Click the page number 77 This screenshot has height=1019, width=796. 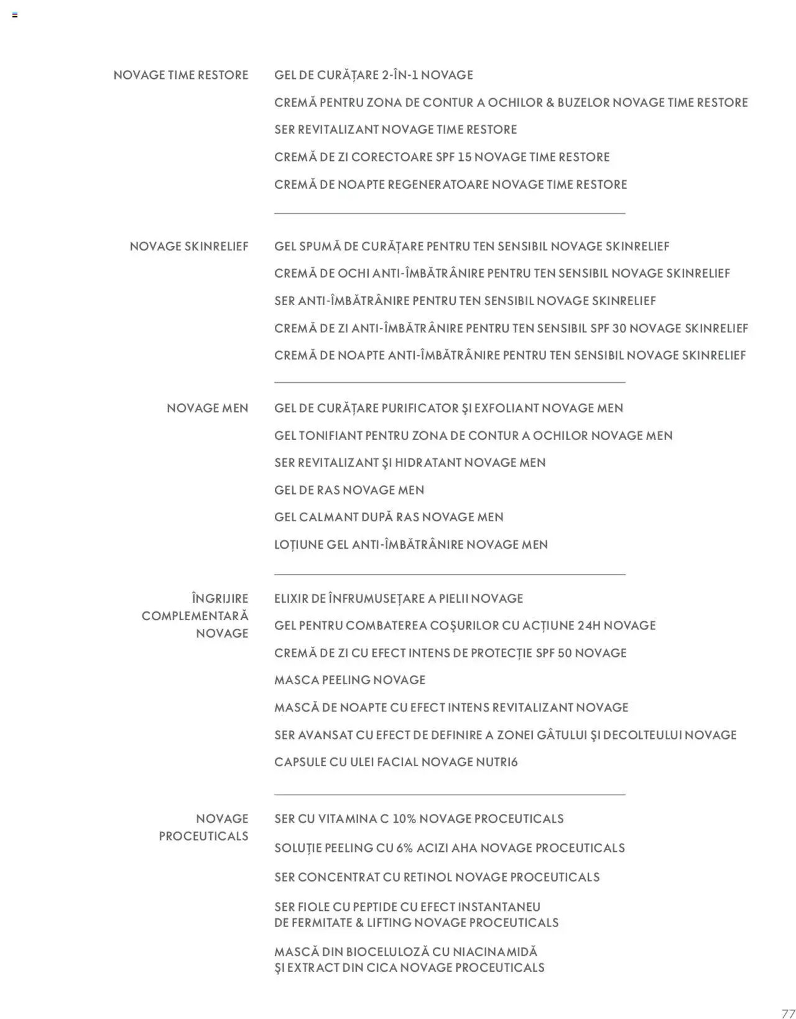[x=788, y=1012]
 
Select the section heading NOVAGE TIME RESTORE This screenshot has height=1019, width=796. [x=180, y=75]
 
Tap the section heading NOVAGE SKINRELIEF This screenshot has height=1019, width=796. [x=189, y=247]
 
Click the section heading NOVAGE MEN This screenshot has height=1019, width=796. [x=207, y=408]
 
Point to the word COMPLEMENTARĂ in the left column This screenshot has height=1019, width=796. [x=195, y=616]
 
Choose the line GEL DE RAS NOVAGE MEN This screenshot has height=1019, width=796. [x=349, y=490]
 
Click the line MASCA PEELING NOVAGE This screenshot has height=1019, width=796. [x=349, y=680]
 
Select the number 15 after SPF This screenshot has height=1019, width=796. [x=465, y=157]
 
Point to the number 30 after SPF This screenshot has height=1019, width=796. [x=619, y=328]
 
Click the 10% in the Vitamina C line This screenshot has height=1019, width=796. [x=404, y=819]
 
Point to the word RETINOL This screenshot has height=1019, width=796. [x=427, y=877]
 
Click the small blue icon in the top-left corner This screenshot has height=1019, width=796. [x=14, y=15]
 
